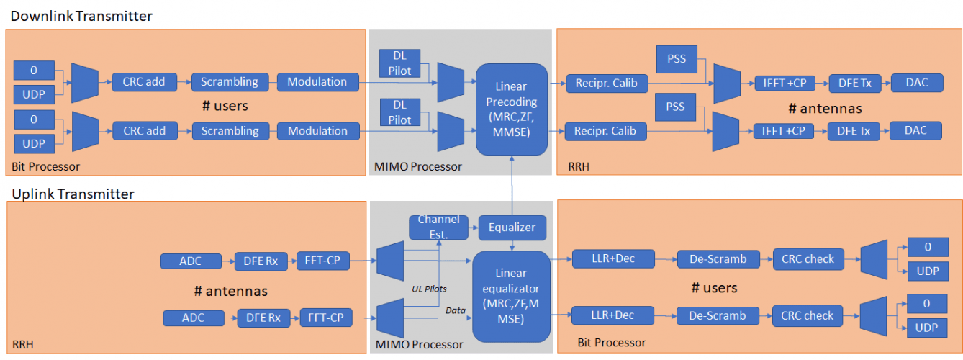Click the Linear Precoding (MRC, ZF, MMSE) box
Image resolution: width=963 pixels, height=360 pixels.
click(511, 109)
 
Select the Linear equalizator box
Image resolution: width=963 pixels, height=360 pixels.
click(510, 296)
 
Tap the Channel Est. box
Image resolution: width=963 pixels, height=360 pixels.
click(438, 228)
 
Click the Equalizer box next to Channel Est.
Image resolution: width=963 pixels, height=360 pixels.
click(512, 228)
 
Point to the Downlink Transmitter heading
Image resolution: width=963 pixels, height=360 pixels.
click(81, 16)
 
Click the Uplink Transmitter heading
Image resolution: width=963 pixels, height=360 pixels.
click(72, 194)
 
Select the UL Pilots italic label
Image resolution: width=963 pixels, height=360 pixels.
click(429, 289)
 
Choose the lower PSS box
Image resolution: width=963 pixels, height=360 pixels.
click(675, 107)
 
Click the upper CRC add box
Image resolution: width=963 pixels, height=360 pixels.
click(143, 82)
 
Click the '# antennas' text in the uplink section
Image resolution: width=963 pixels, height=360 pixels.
click(231, 291)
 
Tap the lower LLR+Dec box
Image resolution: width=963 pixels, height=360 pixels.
click(612, 315)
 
